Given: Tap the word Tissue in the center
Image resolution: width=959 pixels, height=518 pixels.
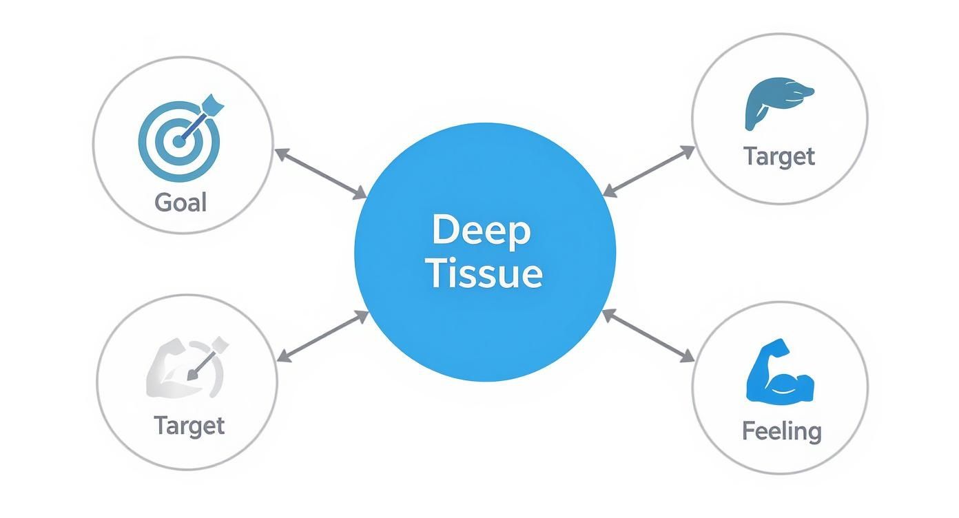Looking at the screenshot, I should [484, 273].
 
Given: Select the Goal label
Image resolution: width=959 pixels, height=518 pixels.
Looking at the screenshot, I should [181, 203].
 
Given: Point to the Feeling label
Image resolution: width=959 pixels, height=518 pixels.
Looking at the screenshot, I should [782, 431].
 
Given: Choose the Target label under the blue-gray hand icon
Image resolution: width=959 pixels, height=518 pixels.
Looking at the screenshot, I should [779, 156].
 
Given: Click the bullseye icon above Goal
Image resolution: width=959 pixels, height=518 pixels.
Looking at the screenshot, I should [179, 141].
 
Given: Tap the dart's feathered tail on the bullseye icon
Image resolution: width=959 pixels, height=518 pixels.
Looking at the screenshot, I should [215, 106].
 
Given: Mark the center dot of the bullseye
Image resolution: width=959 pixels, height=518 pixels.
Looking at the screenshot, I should [178, 142].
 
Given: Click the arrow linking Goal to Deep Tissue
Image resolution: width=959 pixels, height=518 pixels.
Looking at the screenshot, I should [320, 174].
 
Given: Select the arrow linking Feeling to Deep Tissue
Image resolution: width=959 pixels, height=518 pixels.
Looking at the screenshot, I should [648, 335].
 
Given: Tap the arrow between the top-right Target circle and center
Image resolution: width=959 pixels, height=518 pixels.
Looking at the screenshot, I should [648, 171].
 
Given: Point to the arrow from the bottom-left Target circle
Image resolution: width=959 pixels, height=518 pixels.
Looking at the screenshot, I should [322, 336].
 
